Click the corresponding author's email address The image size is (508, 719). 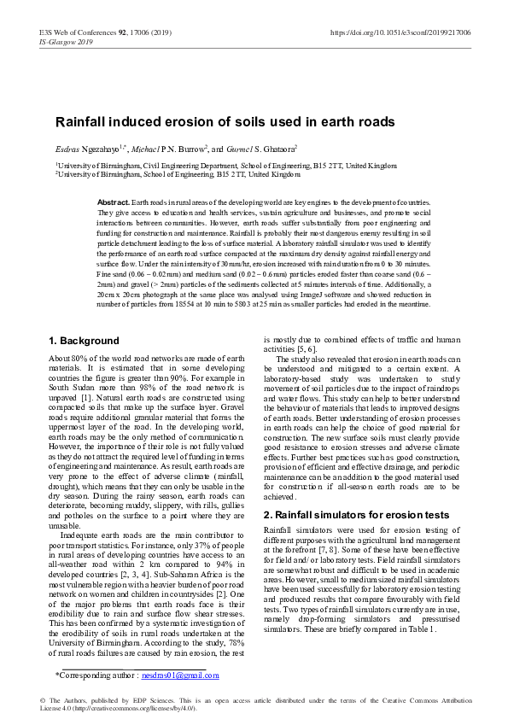coord(182,675)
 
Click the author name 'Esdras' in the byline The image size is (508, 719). coord(68,148)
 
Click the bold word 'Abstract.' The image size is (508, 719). coord(114,202)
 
